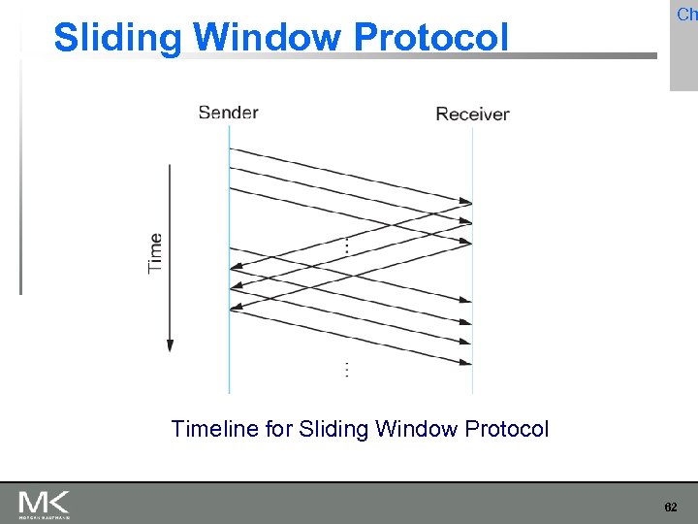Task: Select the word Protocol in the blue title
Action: tap(430, 37)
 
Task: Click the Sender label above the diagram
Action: tap(228, 113)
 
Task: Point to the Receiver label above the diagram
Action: tap(472, 115)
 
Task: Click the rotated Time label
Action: tap(155, 252)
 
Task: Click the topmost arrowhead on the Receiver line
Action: tap(466, 204)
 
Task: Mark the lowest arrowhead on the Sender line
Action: tap(235, 310)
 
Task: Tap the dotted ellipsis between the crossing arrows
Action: tap(346, 247)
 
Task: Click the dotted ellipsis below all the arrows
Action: tap(346, 370)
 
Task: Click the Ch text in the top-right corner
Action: tap(686, 15)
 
